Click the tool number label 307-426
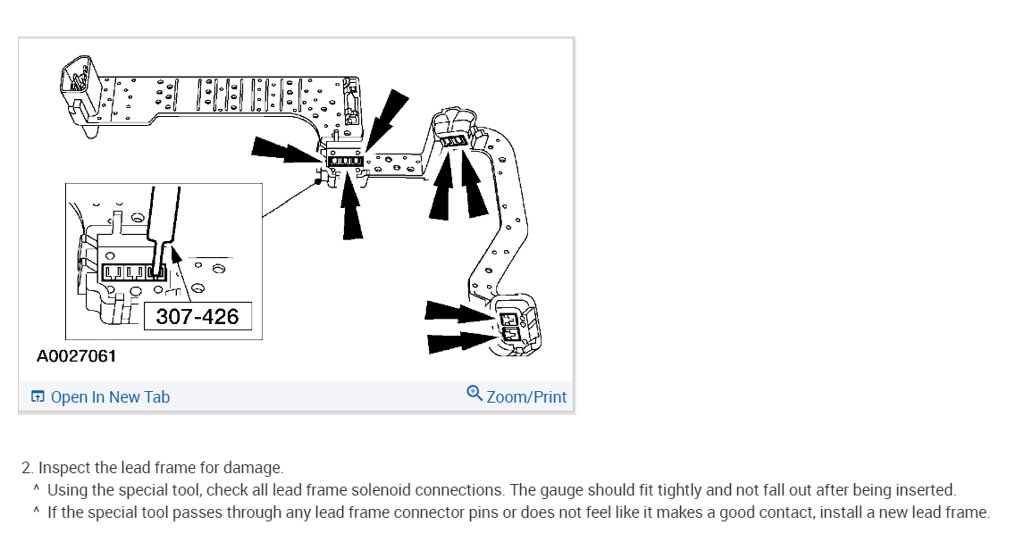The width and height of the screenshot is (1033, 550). point(197,316)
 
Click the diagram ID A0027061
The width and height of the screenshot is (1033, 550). point(77,356)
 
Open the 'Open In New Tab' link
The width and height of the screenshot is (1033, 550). point(110,397)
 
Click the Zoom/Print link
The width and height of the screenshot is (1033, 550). point(526,397)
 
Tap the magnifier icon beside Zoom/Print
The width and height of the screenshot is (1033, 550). point(475,394)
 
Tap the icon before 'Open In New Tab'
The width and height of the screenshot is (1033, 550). point(38,397)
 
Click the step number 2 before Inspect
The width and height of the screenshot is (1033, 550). point(27,468)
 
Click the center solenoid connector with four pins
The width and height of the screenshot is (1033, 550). point(344,162)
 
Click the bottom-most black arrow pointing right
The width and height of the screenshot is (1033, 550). point(460,340)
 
